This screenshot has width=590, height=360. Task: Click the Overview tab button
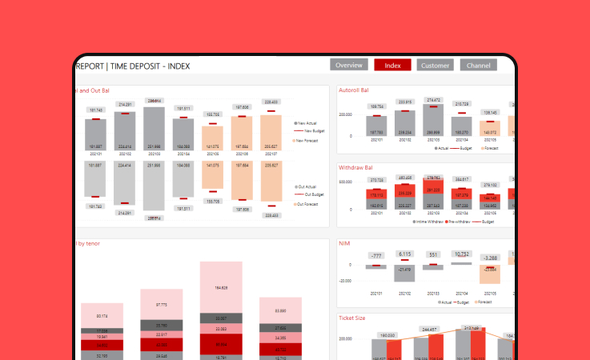tap(349, 65)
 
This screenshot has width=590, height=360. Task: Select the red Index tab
tap(392, 65)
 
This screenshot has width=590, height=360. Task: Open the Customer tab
tap(435, 65)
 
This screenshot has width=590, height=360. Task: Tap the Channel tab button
tap(478, 65)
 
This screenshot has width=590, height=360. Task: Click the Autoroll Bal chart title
tap(354, 90)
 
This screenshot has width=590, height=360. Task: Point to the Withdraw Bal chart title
tap(355, 169)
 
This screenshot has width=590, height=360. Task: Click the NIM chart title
tap(345, 243)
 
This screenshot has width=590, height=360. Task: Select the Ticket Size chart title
tap(352, 318)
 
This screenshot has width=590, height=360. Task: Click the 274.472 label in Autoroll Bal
tap(433, 101)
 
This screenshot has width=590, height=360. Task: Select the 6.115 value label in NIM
tap(404, 254)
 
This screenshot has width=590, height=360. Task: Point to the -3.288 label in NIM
tap(490, 258)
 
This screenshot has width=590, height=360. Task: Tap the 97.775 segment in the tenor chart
tap(162, 305)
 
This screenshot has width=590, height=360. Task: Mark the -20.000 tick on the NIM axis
tap(345, 281)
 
